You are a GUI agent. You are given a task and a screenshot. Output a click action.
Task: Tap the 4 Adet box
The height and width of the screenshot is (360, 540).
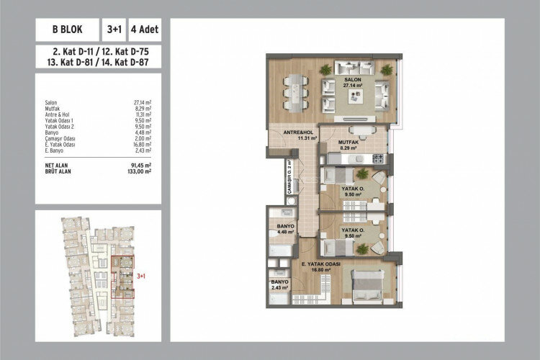click(144, 31)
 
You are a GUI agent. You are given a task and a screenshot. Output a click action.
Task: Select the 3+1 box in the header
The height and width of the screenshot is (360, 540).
click(113, 31)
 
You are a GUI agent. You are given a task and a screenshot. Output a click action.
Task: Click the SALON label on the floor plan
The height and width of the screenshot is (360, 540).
click(352, 80)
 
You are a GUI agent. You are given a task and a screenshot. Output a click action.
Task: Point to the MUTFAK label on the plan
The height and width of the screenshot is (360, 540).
click(348, 143)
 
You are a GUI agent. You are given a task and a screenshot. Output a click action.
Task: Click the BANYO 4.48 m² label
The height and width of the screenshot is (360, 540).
click(281, 228)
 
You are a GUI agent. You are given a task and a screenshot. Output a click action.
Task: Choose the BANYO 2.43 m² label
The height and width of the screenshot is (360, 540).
click(279, 284)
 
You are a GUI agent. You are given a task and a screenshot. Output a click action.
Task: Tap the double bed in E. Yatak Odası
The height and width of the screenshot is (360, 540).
click(368, 284)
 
